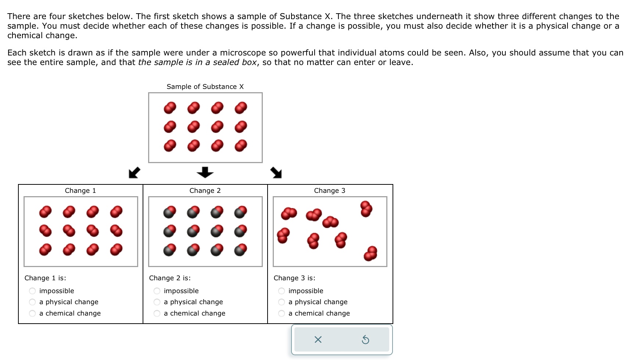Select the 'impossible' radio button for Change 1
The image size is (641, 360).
pos(32,291)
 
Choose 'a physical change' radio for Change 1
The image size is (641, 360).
pos(32,302)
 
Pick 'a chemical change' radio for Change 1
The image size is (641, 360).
pos(32,313)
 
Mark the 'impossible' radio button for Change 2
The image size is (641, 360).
pos(157,291)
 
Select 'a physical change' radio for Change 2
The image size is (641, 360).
pos(157,302)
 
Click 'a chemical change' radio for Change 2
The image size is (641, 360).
pos(157,313)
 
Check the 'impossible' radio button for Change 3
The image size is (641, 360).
pos(282,291)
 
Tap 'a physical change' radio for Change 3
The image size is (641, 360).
pos(282,302)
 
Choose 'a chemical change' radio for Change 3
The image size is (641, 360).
pos(282,313)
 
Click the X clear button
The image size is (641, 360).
pos(318,340)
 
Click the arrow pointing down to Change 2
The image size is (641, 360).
pos(205,172)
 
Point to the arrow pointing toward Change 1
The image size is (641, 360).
pos(134,172)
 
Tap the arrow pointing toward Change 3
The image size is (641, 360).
pos(276,172)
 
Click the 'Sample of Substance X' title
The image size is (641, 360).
pos(205,87)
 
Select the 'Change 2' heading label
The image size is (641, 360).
pos(205,191)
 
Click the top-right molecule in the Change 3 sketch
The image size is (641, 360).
pos(366,209)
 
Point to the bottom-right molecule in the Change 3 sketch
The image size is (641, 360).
pos(370,253)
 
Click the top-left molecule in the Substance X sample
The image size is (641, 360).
pos(170,108)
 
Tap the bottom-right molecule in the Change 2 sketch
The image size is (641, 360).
pos(241,250)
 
